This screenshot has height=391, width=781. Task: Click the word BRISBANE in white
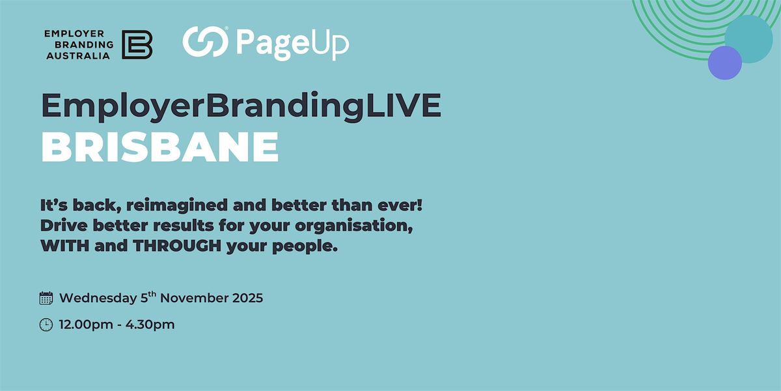pos(160,148)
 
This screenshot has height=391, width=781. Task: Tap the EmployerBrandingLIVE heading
pos(241,106)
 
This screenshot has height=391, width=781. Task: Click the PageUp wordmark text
pos(292,44)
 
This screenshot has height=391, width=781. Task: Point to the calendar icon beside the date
pos(46,298)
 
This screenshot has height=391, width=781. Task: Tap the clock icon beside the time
pos(46,325)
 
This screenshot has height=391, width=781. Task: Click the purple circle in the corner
pos(724,63)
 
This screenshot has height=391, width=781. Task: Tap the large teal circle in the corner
pos(749,38)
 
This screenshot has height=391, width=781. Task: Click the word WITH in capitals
pos(62,248)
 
